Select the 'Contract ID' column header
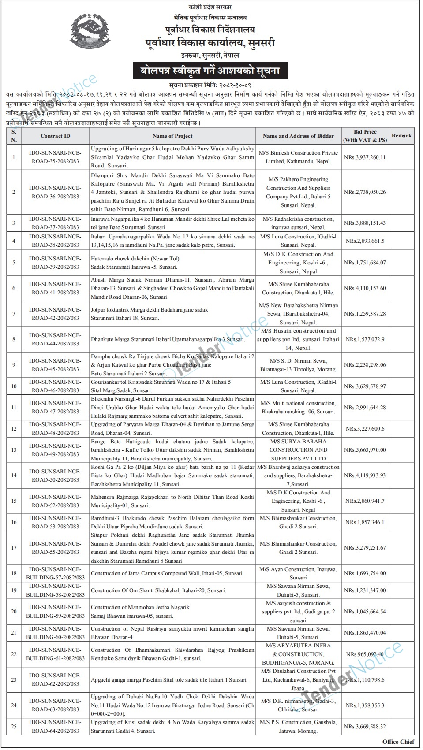pyautogui.click(x=55, y=136)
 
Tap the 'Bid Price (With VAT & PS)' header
pyautogui.click(x=365, y=136)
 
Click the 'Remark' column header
pyautogui.click(x=401, y=136)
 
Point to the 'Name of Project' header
pyautogui.click(x=172, y=136)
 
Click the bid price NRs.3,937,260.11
pyautogui.click(x=365, y=157)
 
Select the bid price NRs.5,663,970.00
pyautogui.click(x=365, y=450)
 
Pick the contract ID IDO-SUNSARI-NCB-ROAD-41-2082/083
pyautogui.click(x=55, y=288)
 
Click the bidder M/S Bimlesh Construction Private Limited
pyautogui.click(x=299, y=157)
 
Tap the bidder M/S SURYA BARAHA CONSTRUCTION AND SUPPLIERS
pyautogui.click(x=299, y=450)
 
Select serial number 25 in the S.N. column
pyautogui.click(x=14, y=727)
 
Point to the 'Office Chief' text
pyautogui.click(x=399, y=742)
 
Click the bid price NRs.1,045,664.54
pyautogui.click(x=365, y=612)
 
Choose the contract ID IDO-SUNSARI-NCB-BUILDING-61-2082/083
pyautogui.click(x=55, y=654)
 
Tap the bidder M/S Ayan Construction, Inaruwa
pyautogui.click(x=299, y=573)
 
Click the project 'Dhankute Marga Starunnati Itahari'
pyautogui.click(x=168, y=339)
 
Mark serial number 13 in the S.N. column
pyautogui.click(x=14, y=450)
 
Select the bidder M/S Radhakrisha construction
pyautogui.click(x=299, y=223)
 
